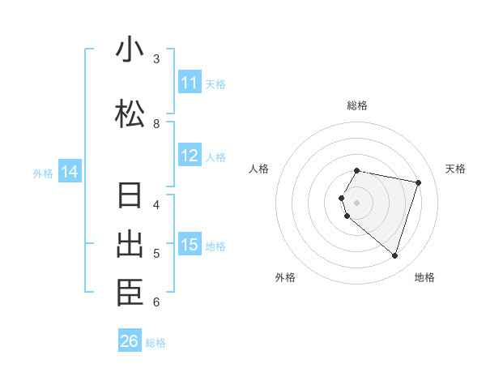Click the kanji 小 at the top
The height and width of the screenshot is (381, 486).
point(129,50)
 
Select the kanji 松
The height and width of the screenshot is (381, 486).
point(129,114)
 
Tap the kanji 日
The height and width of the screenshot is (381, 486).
point(129,196)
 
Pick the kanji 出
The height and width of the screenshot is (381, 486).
point(129,245)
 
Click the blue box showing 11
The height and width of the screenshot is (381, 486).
point(190,83)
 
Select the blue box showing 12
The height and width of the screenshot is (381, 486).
point(190,156)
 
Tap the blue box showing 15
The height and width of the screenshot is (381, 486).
point(190,245)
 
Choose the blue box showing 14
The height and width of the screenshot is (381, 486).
point(70,172)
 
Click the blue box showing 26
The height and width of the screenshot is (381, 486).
point(130,341)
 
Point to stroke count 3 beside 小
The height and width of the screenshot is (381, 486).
point(156,58)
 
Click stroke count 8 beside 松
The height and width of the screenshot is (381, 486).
point(156,123)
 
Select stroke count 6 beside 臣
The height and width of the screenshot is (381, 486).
point(156,302)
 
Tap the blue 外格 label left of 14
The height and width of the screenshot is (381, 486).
point(42,173)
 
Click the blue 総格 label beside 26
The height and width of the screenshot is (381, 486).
point(156,342)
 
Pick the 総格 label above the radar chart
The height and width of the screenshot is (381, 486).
point(357,105)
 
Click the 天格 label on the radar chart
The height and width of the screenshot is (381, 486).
point(455,169)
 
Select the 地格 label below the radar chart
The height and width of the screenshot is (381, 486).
point(424,277)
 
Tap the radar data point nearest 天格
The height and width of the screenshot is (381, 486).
point(418,182)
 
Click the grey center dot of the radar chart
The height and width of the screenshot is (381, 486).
point(357,202)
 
